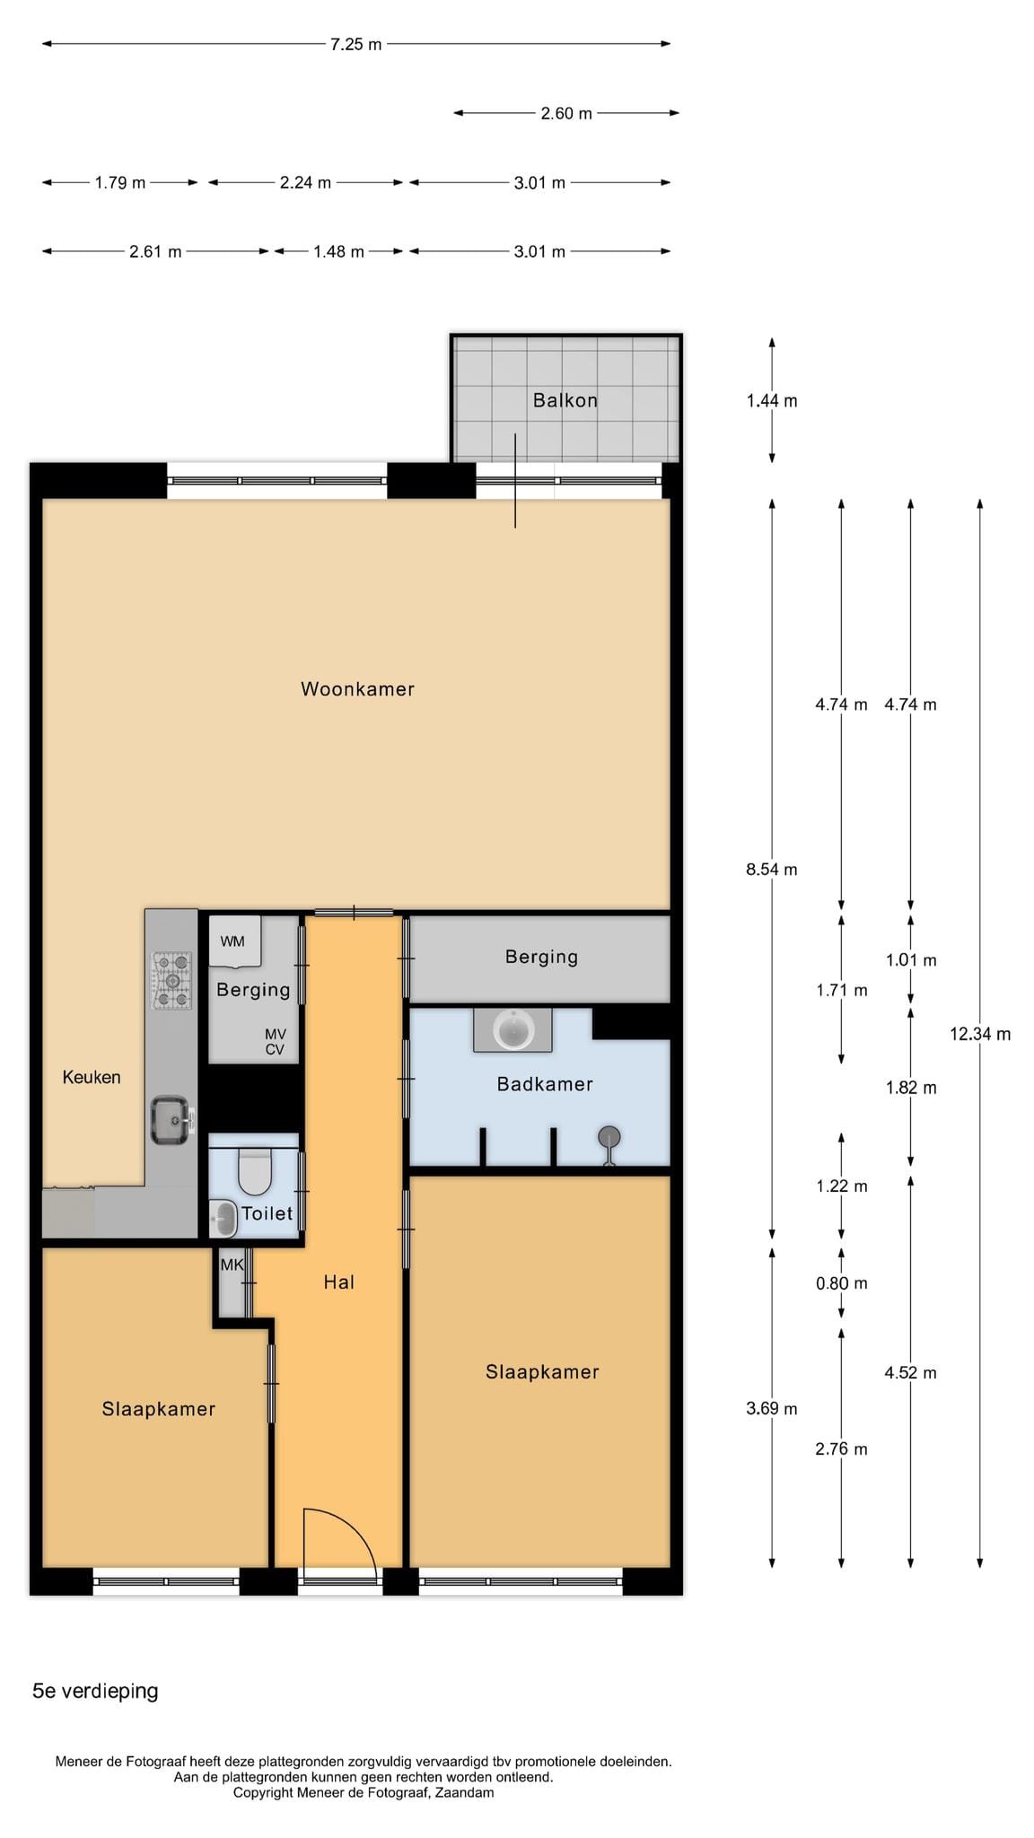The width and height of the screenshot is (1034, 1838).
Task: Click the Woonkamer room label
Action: click(357, 689)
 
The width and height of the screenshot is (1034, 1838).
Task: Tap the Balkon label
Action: click(565, 400)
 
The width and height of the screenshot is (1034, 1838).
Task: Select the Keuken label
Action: click(92, 1077)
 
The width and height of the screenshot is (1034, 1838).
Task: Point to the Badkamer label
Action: click(545, 1084)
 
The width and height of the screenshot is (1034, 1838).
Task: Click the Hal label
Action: click(339, 1282)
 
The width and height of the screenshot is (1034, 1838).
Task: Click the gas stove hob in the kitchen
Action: click(172, 980)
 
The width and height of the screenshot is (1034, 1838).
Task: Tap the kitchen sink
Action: click(171, 1120)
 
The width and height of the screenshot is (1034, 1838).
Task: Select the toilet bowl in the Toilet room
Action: click(254, 1172)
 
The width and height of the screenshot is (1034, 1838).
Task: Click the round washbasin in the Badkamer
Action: click(513, 1029)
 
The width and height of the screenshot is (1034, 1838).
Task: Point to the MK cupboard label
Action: click(232, 1265)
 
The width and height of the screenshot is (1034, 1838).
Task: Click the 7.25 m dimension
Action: click(356, 44)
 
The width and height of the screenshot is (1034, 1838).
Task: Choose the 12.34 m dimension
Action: click(980, 1034)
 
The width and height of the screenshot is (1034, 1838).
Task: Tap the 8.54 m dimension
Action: click(772, 869)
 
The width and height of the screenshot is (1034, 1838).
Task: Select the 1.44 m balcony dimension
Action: click(772, 400)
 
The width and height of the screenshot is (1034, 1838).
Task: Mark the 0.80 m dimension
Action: click(842, 1283)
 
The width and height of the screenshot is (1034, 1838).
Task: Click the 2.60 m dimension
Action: click(566, 113)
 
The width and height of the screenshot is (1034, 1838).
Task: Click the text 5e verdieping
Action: click(95, 1691)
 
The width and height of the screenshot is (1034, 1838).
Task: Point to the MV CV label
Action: click(275, 1042)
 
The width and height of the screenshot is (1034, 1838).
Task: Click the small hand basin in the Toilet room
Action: click(223, 1219)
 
